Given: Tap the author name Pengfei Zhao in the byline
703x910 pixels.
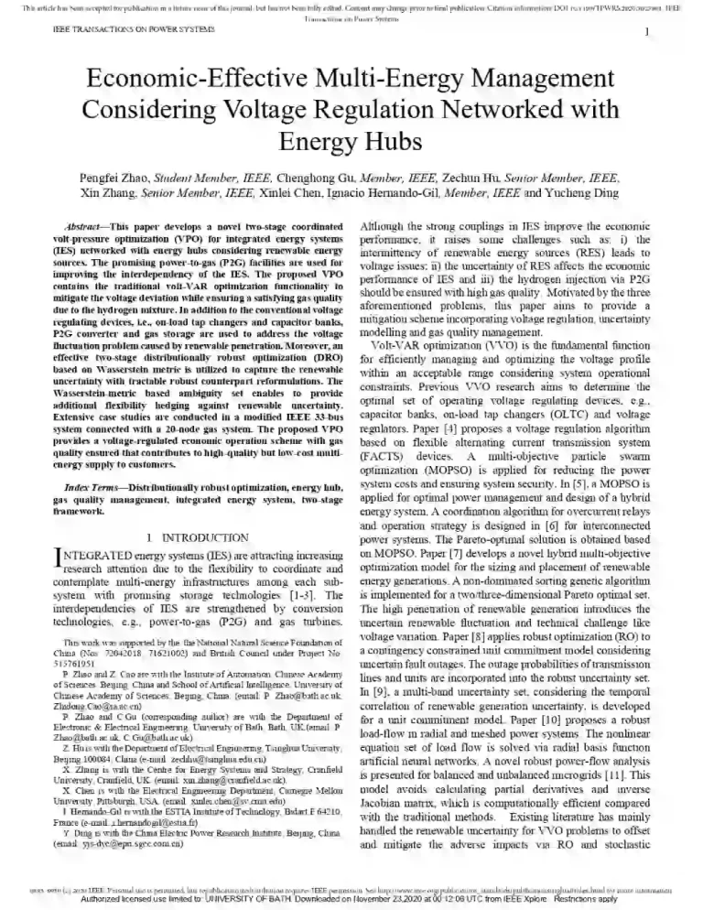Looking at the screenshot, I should click(x=138, y=178).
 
